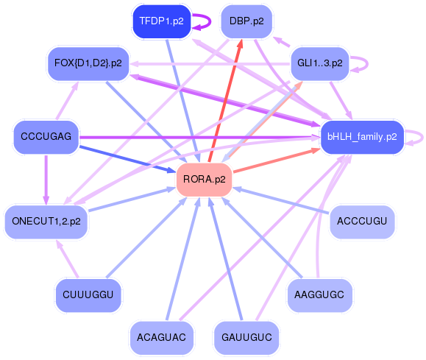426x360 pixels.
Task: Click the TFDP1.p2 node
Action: pos(161,21)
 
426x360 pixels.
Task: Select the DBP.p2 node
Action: pos(246,21)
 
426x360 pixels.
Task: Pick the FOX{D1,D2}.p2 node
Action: pos(88,63)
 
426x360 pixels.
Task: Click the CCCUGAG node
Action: pos(46,138)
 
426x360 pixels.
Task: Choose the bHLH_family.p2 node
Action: pos(362,137)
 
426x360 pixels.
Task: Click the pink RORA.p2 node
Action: pos(204,180)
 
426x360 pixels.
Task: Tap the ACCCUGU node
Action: pos(361,220)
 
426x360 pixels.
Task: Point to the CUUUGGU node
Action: pos(88,294)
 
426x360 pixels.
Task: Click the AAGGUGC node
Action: pos(319,294)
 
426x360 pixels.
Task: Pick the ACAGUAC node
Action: pos(161,337)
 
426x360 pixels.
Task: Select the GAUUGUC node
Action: pos(246,337)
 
